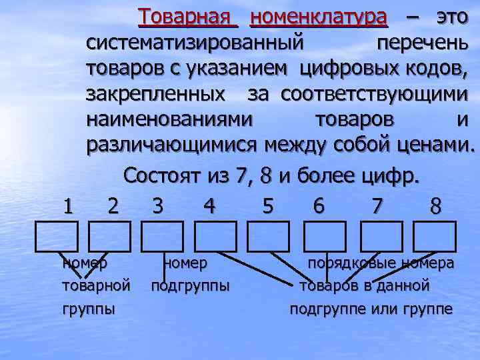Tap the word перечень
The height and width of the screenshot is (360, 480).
(422, 43)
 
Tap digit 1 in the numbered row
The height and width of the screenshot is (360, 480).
(67, 206)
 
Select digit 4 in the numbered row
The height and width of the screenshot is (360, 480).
(209, 206)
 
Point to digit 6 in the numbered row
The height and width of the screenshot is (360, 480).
(319, 206)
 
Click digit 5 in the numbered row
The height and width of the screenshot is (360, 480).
(268, 206)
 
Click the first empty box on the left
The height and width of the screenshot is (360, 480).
(56, 236)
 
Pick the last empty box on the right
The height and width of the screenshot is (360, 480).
(435, 236)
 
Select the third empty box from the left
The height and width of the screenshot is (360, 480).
(162, 236)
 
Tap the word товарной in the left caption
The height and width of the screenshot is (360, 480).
(95, 287)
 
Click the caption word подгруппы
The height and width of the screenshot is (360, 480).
(191, 287)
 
